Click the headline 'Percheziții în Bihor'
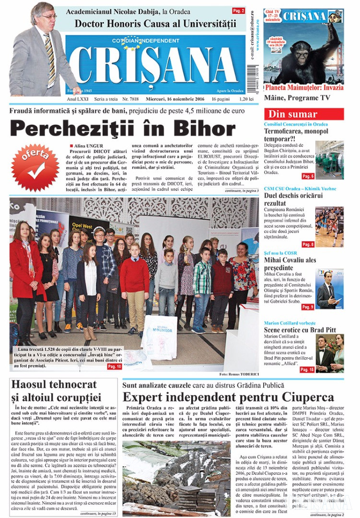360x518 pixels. click(x=123, y=128)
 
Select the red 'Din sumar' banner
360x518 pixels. click(x=303, y=114)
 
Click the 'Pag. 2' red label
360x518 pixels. click(x=238, y=11)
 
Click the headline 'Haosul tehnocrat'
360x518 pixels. click(x=54, y=385)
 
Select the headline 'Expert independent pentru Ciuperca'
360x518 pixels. click(x=228, y=397)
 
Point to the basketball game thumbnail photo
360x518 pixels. click(x=329, y=227)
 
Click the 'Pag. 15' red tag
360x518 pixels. click(x=307, y=369)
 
